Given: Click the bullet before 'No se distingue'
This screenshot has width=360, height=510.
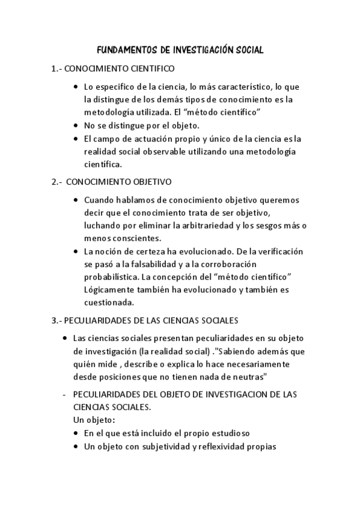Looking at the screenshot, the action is (75, 125).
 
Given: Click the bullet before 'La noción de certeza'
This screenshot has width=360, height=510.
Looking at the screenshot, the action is (75, 250).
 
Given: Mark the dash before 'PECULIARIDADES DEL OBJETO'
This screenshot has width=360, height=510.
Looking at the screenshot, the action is (64, 395).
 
